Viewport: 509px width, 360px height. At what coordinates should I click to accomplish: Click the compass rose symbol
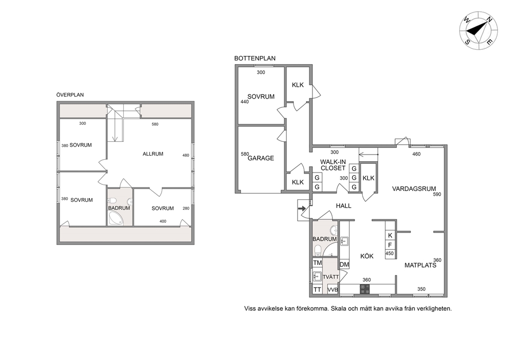pos(478,30)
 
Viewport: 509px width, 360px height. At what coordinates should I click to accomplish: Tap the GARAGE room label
pos(261,158)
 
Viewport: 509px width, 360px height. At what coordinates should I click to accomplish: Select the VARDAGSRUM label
pos(414,189)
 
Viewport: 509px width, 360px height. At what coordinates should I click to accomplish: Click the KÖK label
pos(367,256)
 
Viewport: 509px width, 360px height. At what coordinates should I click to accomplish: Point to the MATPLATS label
pos(420,265)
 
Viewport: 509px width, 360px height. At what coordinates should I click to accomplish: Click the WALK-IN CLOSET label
pos(332,165)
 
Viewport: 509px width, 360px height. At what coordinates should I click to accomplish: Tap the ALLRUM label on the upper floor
pos(153,154)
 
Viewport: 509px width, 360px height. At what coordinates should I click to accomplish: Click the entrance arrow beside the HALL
pos(302,209)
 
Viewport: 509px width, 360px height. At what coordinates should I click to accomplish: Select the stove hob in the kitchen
pos(365,289)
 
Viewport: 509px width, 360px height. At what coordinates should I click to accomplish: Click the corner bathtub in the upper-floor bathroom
pos(116,218)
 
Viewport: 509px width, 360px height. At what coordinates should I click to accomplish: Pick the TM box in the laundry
pos(317,263)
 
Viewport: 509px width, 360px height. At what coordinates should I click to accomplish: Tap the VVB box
pos(332,290)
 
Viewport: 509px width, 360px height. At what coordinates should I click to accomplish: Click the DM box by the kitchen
pos(344,264)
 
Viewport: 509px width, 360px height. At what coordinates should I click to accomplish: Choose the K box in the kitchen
pos(390,235)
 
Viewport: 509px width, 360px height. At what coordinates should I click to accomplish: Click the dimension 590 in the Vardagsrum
pos(437,194)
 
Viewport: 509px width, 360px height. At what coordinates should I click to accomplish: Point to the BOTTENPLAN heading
pos(255,59)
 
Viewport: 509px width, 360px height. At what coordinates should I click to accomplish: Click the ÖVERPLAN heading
pos(70,95)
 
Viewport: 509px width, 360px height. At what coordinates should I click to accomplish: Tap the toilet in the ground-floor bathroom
pos(318,250)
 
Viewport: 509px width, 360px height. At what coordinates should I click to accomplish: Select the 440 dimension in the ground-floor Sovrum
pos(244,102)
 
